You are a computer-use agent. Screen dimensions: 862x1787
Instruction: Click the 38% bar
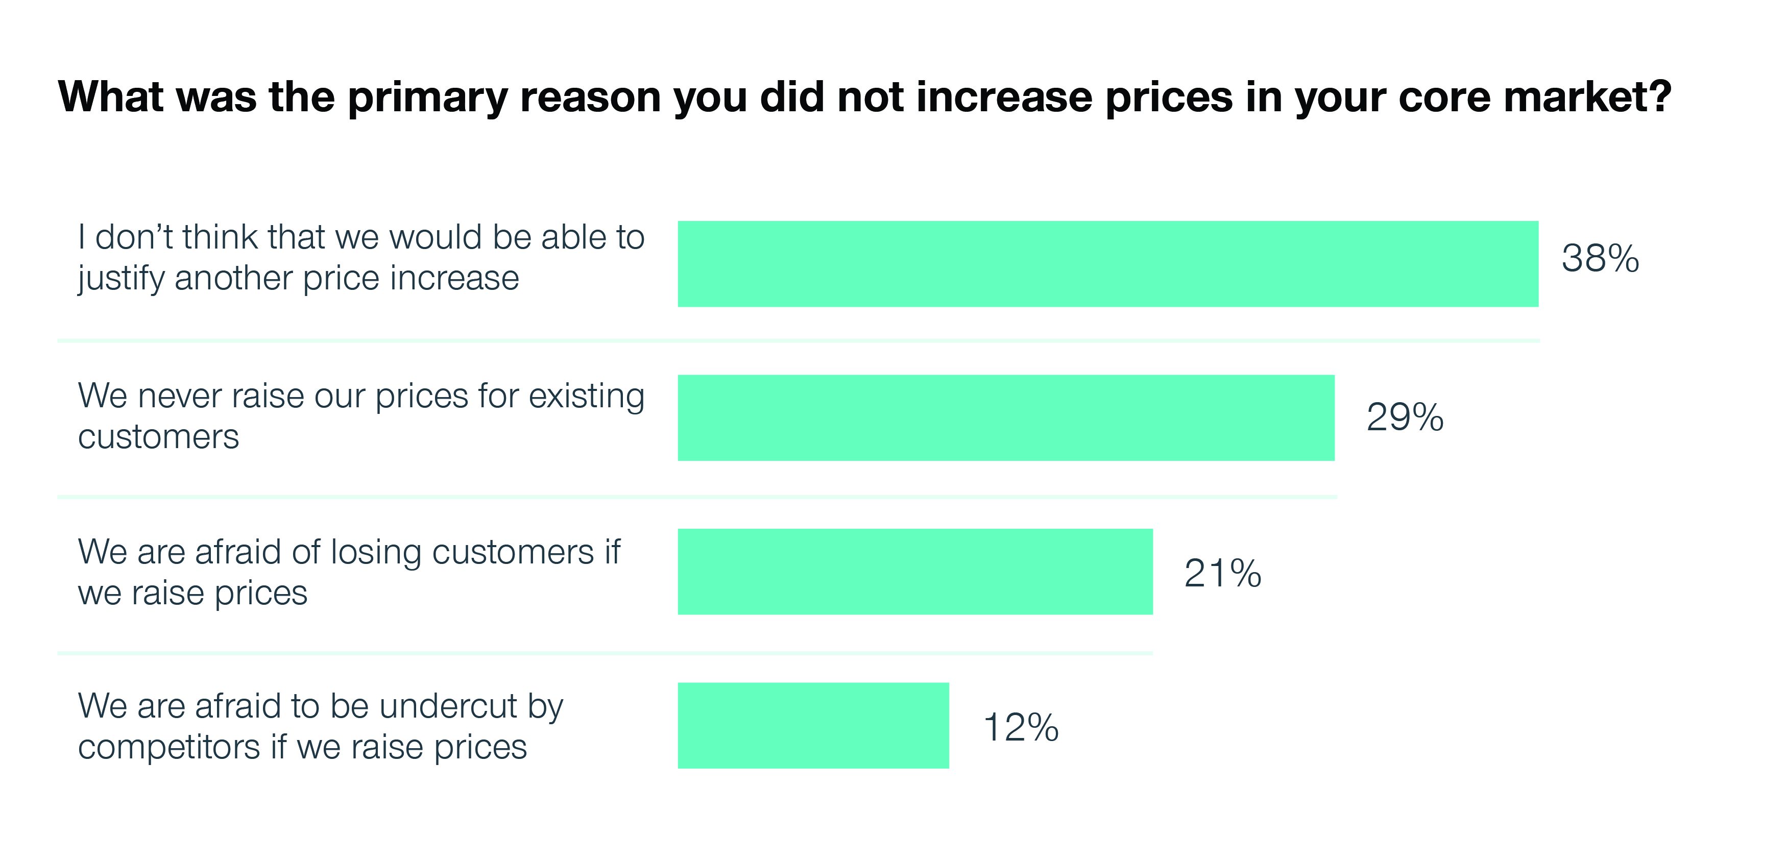click(x=1108, y=264)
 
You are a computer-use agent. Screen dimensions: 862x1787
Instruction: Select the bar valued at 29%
click(x=1006, y=417)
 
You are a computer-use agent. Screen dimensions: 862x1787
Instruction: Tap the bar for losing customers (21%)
click(x=915, y=572)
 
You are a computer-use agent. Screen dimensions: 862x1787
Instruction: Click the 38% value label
click(x=1600, y=259)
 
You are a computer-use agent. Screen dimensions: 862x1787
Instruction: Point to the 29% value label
click(x=1404, y=417)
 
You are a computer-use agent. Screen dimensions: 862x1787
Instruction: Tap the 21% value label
click(x=1222, y=574)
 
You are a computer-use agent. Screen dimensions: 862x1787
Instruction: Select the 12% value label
click(x=1021, y=727)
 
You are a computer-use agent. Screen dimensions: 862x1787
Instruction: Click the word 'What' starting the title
click(x=111, y=96)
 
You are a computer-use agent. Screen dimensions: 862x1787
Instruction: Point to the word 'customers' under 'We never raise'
click(x=158, y=437)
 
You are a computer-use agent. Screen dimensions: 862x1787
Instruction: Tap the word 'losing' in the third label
click(x=375, y=553)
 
